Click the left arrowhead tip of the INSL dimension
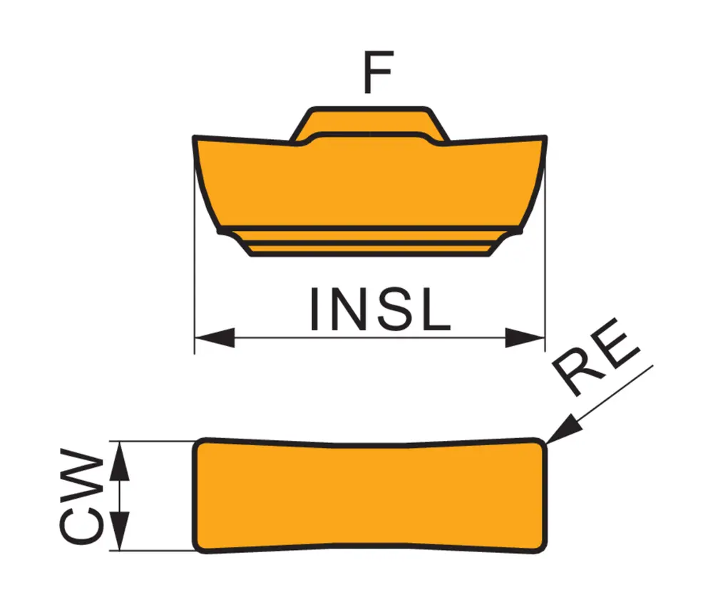pyautogui.click(x=195, y=338)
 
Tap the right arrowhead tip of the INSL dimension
pyautogui.click(x=545, y=338)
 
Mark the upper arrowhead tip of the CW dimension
pyautogui.click(x=120, y=442)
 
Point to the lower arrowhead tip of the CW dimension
pyautogui.click(x=120, y=550)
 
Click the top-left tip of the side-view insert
pyautogui.click(x=194, y=136)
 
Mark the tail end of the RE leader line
pyautogui.click(x=653, y=365)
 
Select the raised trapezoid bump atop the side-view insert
pyautogui.click(x=369, y=126)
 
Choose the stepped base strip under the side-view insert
pyautogui.click(x=369, y=242)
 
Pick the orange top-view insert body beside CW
pyautogui.click(x=369, y=496)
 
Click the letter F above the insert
pyautogui.click(x=377, y=72)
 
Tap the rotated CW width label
pyautogui.click(x=82, y=496)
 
